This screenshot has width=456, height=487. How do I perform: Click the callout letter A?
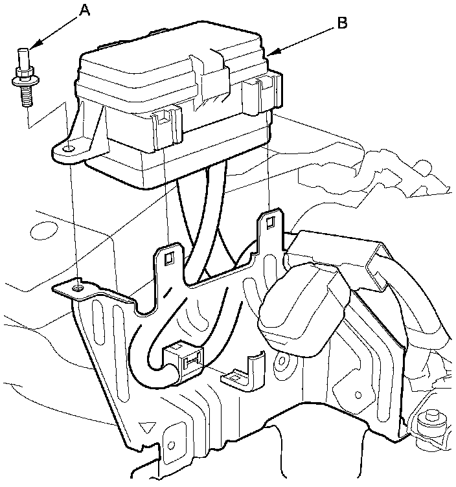tap(85, 11)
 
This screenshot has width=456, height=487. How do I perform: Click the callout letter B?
tap(342, 23)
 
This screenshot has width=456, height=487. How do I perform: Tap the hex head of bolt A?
tap(24, 74)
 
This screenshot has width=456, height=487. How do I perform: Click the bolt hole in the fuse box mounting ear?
tap(69, 149)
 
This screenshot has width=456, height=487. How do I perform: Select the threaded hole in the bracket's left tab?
tap(78, 288)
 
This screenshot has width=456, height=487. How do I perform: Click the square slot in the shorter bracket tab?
tap(169, 258)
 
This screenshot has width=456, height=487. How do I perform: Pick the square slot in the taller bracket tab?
tap(270, 222)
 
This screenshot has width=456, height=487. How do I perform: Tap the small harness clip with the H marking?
tap(183, 361)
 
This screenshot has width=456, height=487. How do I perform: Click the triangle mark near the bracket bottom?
tap(147, 427)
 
